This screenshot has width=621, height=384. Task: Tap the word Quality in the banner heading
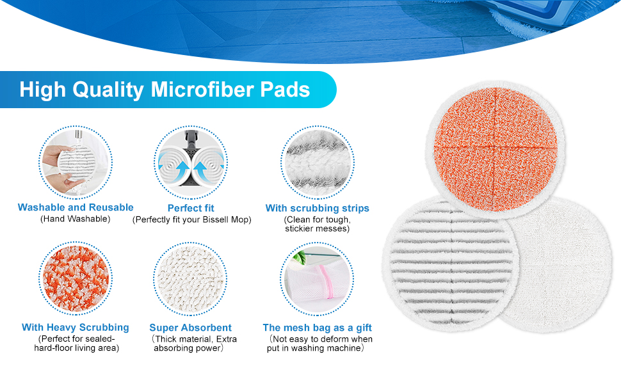[108, 90]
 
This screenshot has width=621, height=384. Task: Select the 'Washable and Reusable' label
[76, 207]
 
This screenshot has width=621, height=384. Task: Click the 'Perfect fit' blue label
[191, 208]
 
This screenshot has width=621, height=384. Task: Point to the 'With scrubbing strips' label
[318, 209]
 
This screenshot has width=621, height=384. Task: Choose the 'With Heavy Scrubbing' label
[76, 328]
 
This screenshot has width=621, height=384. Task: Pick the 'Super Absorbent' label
[191, 328]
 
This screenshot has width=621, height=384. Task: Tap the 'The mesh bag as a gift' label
[318, 328]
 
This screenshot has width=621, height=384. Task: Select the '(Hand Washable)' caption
[76, 219]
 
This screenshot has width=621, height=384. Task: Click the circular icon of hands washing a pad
[76, 163]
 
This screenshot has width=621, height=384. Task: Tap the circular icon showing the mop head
[191, 163]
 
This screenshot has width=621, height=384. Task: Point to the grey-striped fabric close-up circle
[318, 163]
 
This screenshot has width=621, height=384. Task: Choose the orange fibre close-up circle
[76, 278]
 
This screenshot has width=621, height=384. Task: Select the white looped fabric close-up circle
[191, 278]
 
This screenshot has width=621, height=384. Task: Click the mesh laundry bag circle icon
[318, 278]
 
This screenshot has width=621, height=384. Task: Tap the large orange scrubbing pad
[495, 150]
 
